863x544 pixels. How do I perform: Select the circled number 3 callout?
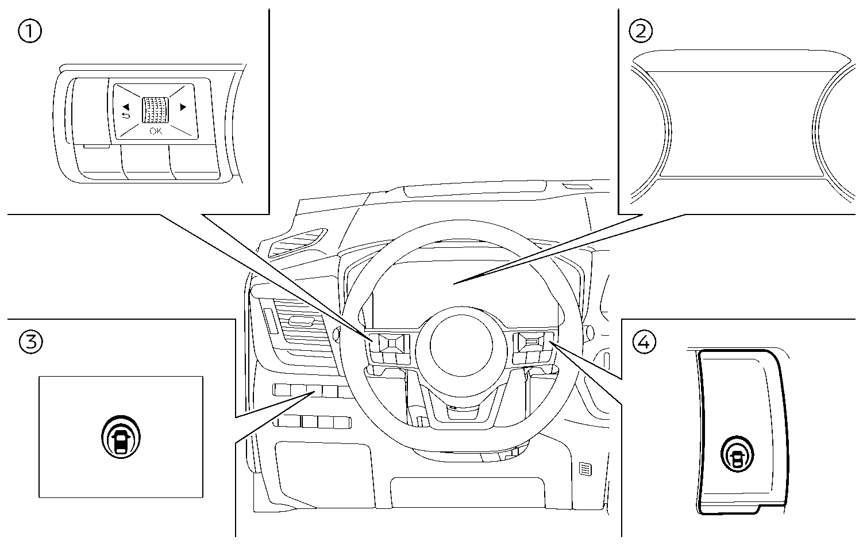pos(30,342)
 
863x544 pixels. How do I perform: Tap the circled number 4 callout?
pos(644,343)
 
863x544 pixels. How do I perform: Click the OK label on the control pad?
pos(156,131)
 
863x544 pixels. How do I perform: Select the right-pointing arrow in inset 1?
pos(183,106)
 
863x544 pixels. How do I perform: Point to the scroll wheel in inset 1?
pos(155,109)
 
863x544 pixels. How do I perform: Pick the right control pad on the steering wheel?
pos(531,343)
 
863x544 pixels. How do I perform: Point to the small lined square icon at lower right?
pos(584,469)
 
